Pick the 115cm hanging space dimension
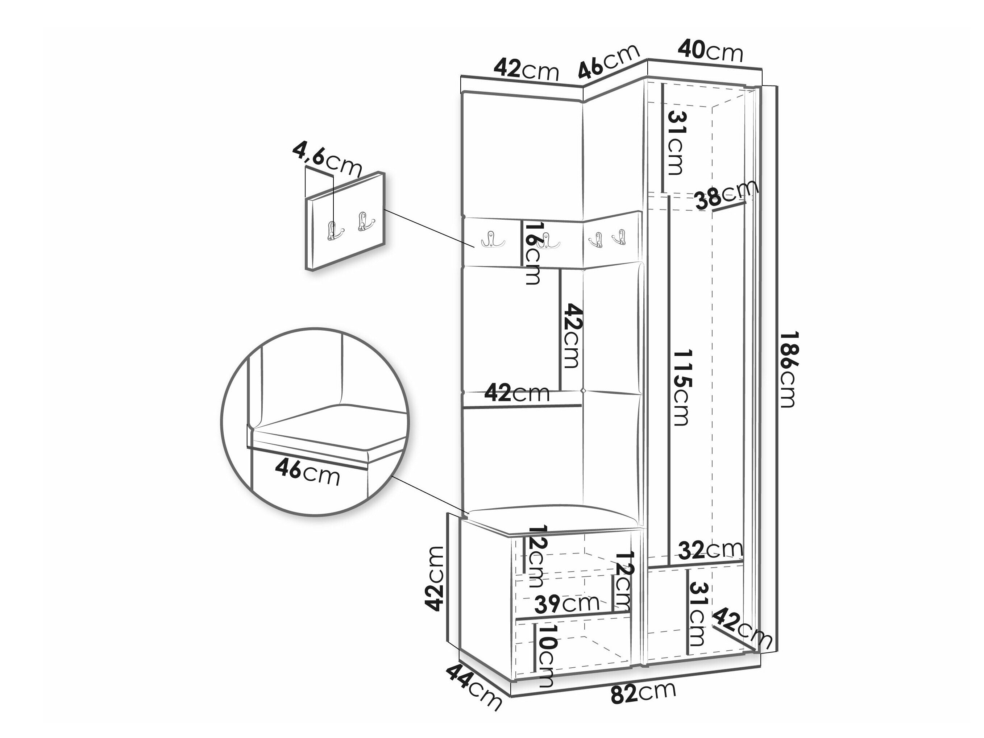(x=681, y=387)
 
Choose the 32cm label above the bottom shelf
(x=710, y=551)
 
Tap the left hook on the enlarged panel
(x=333, y=231)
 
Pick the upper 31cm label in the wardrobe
(x=675, y=143)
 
